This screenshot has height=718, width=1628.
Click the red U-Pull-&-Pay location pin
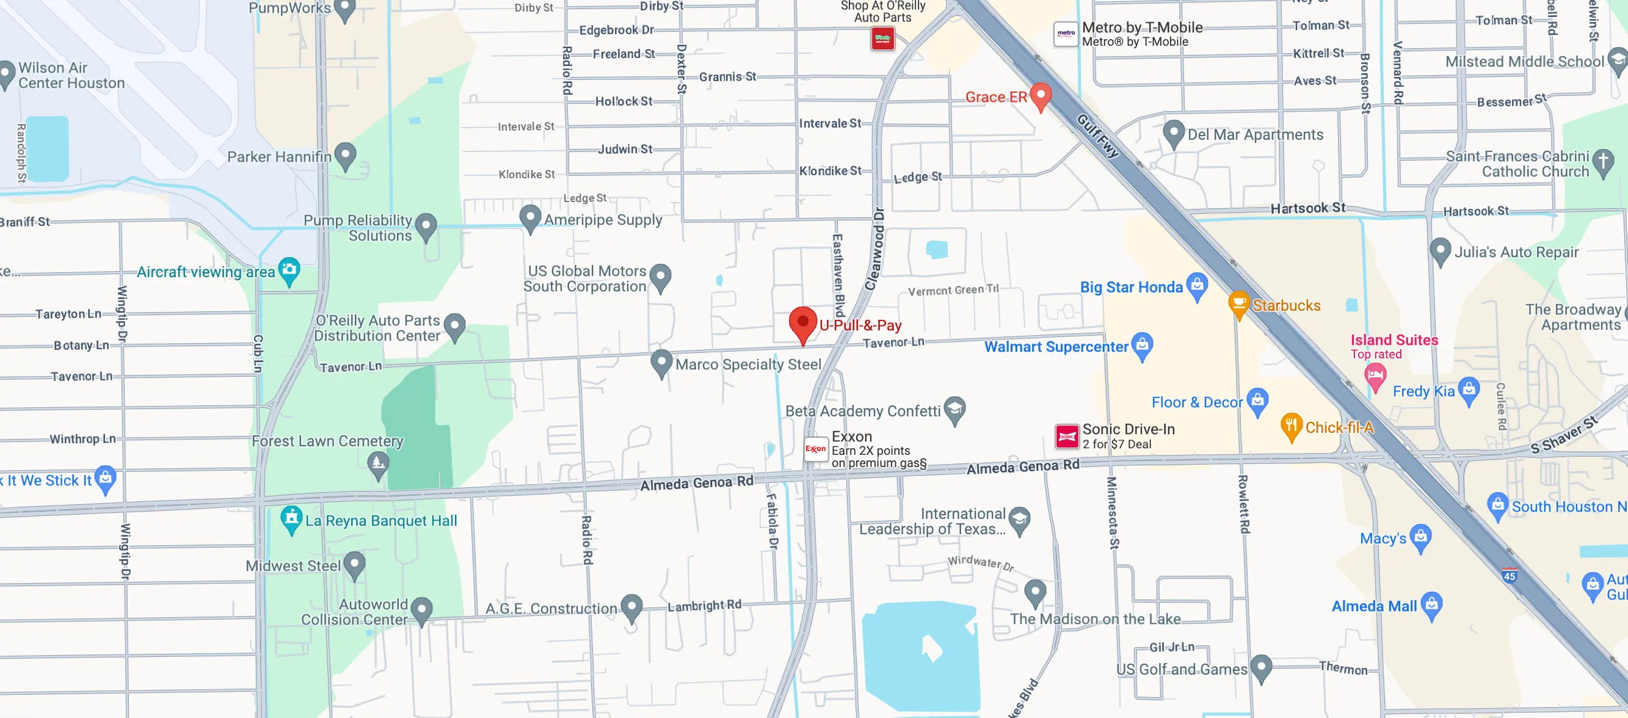(x=802, y=322)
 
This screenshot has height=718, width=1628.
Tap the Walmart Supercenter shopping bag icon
(x=1142, y=345)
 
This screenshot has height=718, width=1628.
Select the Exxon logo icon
(x=815, y=449)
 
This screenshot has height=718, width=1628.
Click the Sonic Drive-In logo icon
(x=1067, y=436)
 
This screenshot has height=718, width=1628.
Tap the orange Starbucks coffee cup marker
(x=1238, y=303)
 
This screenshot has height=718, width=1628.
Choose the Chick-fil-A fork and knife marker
(x=1291, y=426)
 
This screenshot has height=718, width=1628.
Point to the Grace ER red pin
(x=1041, y=95)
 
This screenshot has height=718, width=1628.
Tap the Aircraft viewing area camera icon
(x=289, y=270)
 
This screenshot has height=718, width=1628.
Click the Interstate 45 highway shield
(x=1509, y=575)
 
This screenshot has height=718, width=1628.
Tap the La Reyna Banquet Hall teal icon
(x=291, y=519)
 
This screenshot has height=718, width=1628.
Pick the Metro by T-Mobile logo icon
(x=1066, y=34)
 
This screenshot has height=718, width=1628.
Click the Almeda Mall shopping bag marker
(x=1432, y=604)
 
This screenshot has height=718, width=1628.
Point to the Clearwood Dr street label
(x=875, y=248)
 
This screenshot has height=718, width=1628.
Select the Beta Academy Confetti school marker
(x=955, y=409)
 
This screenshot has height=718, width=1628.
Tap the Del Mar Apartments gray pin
(x=1174, y=132)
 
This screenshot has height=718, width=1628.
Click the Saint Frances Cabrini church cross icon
(x=1604, y=162)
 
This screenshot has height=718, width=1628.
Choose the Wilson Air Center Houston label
(x=71, y=75)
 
